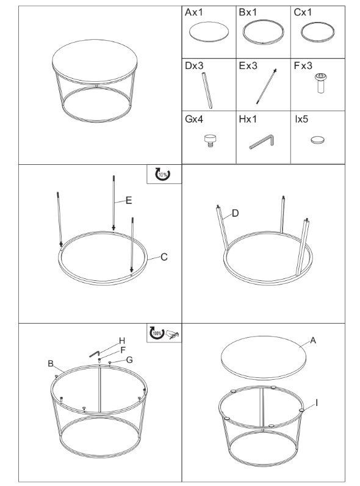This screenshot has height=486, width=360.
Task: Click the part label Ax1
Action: (x=193, y=12)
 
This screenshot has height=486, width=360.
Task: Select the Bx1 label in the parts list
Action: (x=248, y=12)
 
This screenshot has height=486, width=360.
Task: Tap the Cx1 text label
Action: (x=303, y=12)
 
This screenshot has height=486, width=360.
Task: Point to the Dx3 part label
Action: (x=194, y=66)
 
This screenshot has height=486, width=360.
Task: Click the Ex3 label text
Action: (x=248, y=66)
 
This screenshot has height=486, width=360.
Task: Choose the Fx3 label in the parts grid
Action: (x=303, y=66)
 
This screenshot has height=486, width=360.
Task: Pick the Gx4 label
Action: (x=194, y=119)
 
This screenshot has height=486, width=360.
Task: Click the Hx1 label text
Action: (x=248, y=119)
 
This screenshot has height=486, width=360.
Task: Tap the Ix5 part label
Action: (x=301, y=119)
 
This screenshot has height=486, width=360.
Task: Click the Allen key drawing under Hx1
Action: (x=262, y=141)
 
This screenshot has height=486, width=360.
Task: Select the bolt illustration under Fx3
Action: (x=321, y=83)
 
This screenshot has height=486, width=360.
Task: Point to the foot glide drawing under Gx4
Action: (x=210, y=140)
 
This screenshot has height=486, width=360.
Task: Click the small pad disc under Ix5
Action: (x=317, y=140)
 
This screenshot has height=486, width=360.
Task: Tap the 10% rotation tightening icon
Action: (x=163, y=174)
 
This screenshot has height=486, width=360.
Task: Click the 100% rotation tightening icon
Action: (x=157, y=333)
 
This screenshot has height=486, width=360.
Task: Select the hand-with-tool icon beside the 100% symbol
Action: (x=173, y=334)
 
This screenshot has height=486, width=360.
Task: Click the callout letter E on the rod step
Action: (x=129, y=200)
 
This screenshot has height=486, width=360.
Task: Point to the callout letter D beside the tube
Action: (x=235, y=213)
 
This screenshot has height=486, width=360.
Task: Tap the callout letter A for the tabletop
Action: (x=313, y=340)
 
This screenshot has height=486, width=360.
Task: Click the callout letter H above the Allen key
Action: (x=122, y=341)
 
